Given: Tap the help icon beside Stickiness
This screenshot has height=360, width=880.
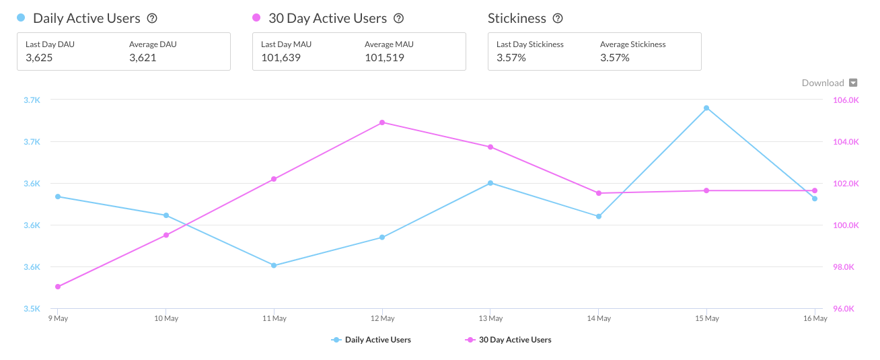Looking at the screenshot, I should pyautogui.click(x=558, y=19).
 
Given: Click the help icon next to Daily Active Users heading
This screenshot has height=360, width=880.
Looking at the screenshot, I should pyautogui.click(x=152, y=19).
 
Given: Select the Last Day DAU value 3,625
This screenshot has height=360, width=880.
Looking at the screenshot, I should pyautogui.click(x=39, y=58).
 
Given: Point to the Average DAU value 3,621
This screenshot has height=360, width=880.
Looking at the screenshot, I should pyautogui.click(x=143, y=58).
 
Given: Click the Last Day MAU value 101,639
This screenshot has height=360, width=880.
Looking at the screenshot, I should pyautogui.click(x=281, y=58).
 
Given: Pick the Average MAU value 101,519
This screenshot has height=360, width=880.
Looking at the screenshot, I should pyautogui.click(x=384, y=58).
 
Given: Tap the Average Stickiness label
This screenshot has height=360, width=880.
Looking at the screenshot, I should pyautogui.click(x=632, y=44).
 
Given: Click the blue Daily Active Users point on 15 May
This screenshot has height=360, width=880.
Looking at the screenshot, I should pyautogui.click(x=706, y=108).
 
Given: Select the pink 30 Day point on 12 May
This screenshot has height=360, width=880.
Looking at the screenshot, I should pyautogui.click(x=382, y=122).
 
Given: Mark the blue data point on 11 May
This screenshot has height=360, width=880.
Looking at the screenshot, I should pyautogui.click(x=274, y=265).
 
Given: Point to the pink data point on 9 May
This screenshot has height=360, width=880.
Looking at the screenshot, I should pyautogui.click(x=58, y=287).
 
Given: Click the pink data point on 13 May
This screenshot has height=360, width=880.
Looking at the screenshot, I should pyautogui.click(x=490, y=147).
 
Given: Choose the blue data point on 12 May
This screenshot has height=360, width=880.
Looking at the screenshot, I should pyautogui.click(x=382, y=237).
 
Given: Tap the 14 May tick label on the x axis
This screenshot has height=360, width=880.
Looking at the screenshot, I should pyautogui.click(x=599, y=318).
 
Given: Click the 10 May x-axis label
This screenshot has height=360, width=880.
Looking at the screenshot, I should pyautogui.click(x=166, y=318).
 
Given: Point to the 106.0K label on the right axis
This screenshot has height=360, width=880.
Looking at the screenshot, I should pyautogui.click(x=846, y=100).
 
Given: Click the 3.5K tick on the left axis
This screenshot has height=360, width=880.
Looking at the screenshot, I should pyautogui.click(x=32, y=309).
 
